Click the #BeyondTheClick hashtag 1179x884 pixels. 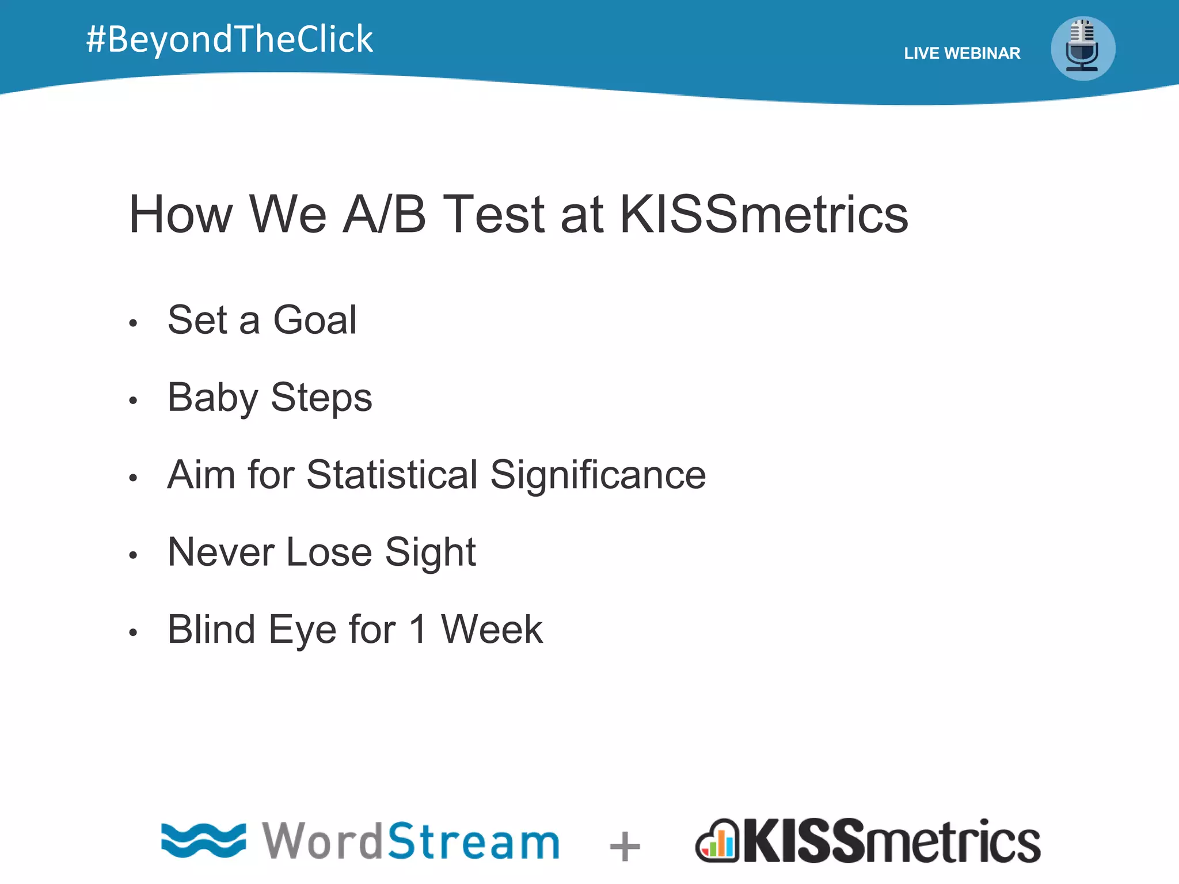coord(229,39)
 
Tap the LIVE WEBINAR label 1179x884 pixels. coord(961,54)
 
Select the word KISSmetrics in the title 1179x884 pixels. coord(763,214)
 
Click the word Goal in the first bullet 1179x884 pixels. coord(314,320)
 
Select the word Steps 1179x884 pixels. coord(321,398)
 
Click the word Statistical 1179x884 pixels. coord(391,475)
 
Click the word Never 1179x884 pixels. coord(221,552)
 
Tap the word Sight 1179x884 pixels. coord(430,552)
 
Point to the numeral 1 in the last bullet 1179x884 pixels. coord(418,630)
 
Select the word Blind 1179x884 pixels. coord(211,630)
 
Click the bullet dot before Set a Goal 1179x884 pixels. coord(133,323)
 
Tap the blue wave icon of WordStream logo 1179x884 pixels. coord(203,840)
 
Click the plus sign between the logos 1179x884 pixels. coord(625,846)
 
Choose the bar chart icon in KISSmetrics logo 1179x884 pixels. coord(717,841)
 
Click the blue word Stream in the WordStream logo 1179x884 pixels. coord(473,841)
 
